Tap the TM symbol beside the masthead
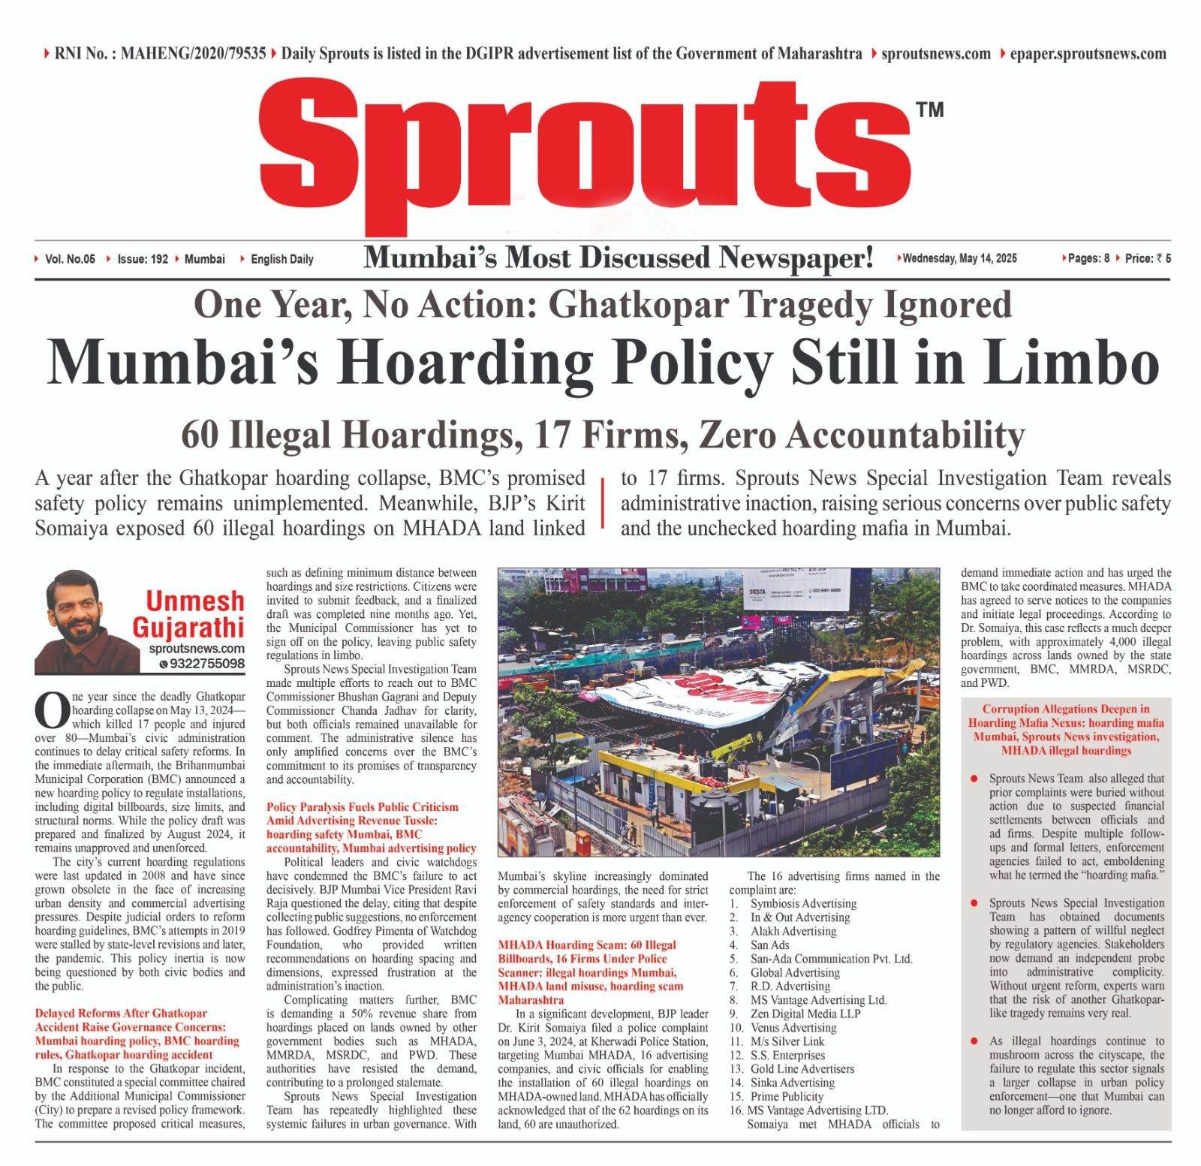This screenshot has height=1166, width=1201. (930, 110)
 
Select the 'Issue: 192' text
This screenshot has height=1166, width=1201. (142, 259)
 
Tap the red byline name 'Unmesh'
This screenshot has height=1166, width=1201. (195, 601)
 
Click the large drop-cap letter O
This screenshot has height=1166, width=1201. (51, 710)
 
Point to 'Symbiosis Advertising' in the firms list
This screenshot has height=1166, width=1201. (803, 903)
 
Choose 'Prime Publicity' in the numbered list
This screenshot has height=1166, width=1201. (787, 1096)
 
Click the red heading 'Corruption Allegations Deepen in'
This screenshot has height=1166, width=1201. (1066, 709)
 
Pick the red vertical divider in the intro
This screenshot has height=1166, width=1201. (603, 503)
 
